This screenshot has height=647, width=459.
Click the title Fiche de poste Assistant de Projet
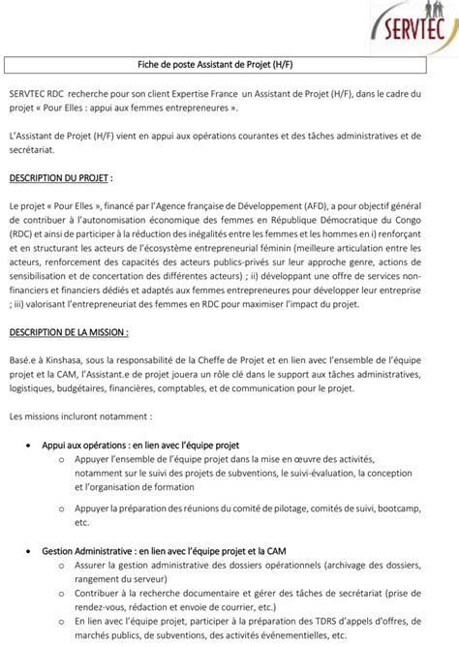coord(229,65)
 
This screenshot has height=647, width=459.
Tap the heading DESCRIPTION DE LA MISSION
coord(69,332)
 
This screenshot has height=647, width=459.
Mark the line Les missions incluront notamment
coord(80,416)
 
